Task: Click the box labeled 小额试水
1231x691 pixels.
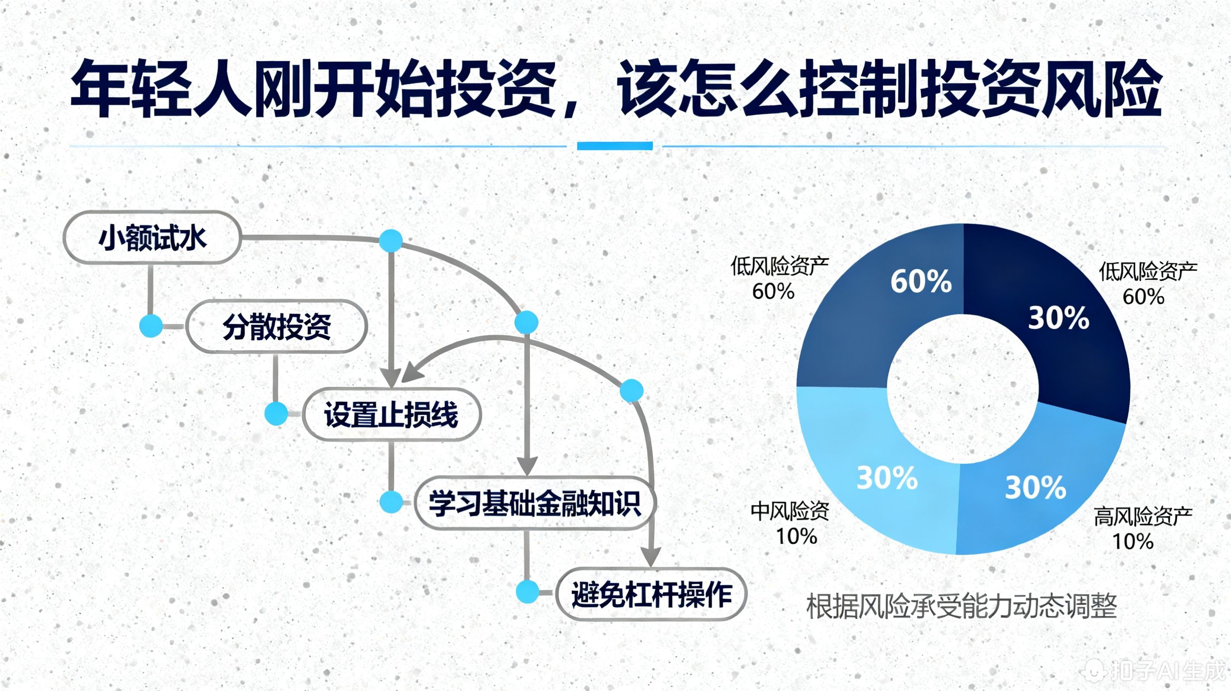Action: point(152,238)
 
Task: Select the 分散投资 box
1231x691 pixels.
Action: point(276,326)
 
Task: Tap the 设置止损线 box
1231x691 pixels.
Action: point(391,414)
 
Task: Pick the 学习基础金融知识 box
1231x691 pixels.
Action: point(535,503)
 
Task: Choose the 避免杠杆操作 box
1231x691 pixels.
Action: point(651,594)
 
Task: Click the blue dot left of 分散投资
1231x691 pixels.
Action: point(151,326)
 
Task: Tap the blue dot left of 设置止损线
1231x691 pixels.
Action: point(276,414)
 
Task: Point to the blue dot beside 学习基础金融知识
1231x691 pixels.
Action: point(391,502)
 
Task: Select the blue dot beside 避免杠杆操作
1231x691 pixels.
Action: point(528,592)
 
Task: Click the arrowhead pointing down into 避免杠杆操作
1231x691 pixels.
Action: point(651,558)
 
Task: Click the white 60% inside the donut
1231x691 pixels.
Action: point(921,281)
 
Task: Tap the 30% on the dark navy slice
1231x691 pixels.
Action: point(1059,318)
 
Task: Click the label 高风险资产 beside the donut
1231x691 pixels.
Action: point(1142,517)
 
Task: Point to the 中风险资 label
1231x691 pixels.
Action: point(789,511)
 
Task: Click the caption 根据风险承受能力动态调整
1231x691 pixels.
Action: point(961,606)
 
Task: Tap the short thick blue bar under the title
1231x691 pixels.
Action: point(615,146)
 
